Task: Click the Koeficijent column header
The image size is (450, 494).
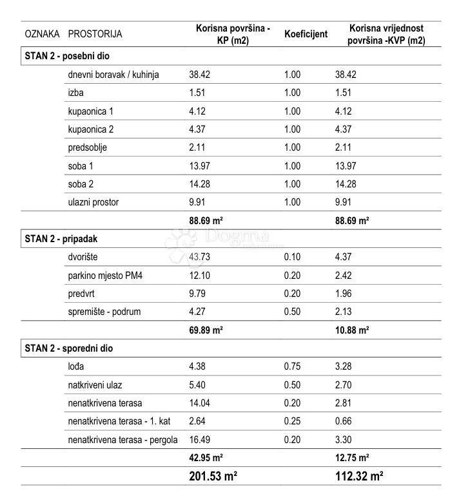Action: pyautogui.click(x=306, y=34)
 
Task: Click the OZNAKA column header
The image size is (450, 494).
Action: pyautogui.click(x=42, y=34)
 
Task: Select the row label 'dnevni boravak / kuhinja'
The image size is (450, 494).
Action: pyautogui.click(x=113, y=75)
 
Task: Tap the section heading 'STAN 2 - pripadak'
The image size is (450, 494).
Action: pyautogui.click(x=61, y=238)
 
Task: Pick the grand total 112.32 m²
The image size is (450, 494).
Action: pyautogui.click(x=358, y=477)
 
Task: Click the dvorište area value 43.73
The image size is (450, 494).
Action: pyautogui.click(x=200, y=257)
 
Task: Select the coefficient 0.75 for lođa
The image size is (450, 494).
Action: pyautogui.click(x=292, y=367)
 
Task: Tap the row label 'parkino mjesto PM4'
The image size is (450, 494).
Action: pyautogui.click(x=105, y=276)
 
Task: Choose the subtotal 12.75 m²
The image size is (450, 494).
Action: pyautogui.click(x=352, y=458)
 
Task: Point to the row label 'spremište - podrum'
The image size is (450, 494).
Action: pyautogui.click(x=104, y=312)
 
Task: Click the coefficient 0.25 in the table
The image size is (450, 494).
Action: pyautogui.click(x=292, y=422)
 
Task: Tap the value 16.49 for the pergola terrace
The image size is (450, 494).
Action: pyautogui.click(x=200, y=441)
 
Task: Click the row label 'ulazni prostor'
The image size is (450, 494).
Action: pyautogui.click(x=93, y=202)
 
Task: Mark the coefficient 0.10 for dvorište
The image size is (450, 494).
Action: pyautogui.click(x=292, y=257)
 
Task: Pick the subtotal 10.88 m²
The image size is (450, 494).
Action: pyautogui.click(x=352, y=330)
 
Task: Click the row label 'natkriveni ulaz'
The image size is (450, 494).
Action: pyautogui.click(x=95, y=385)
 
